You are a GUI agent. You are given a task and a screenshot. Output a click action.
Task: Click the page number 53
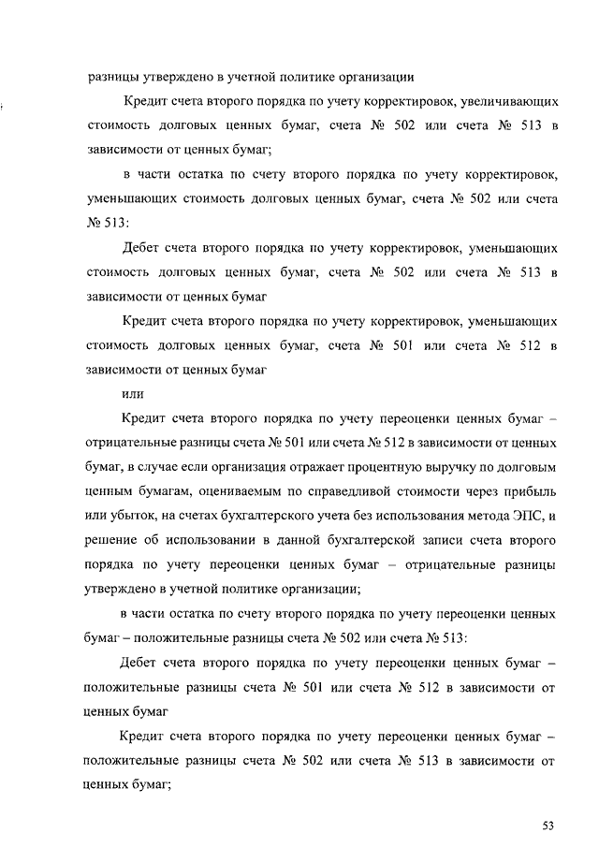click(548, 825)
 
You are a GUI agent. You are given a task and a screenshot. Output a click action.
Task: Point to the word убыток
click(135, 517)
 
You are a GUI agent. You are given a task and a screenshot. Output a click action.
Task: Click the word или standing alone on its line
click(133, 393)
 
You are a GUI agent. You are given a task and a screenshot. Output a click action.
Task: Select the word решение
click(112, 541)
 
